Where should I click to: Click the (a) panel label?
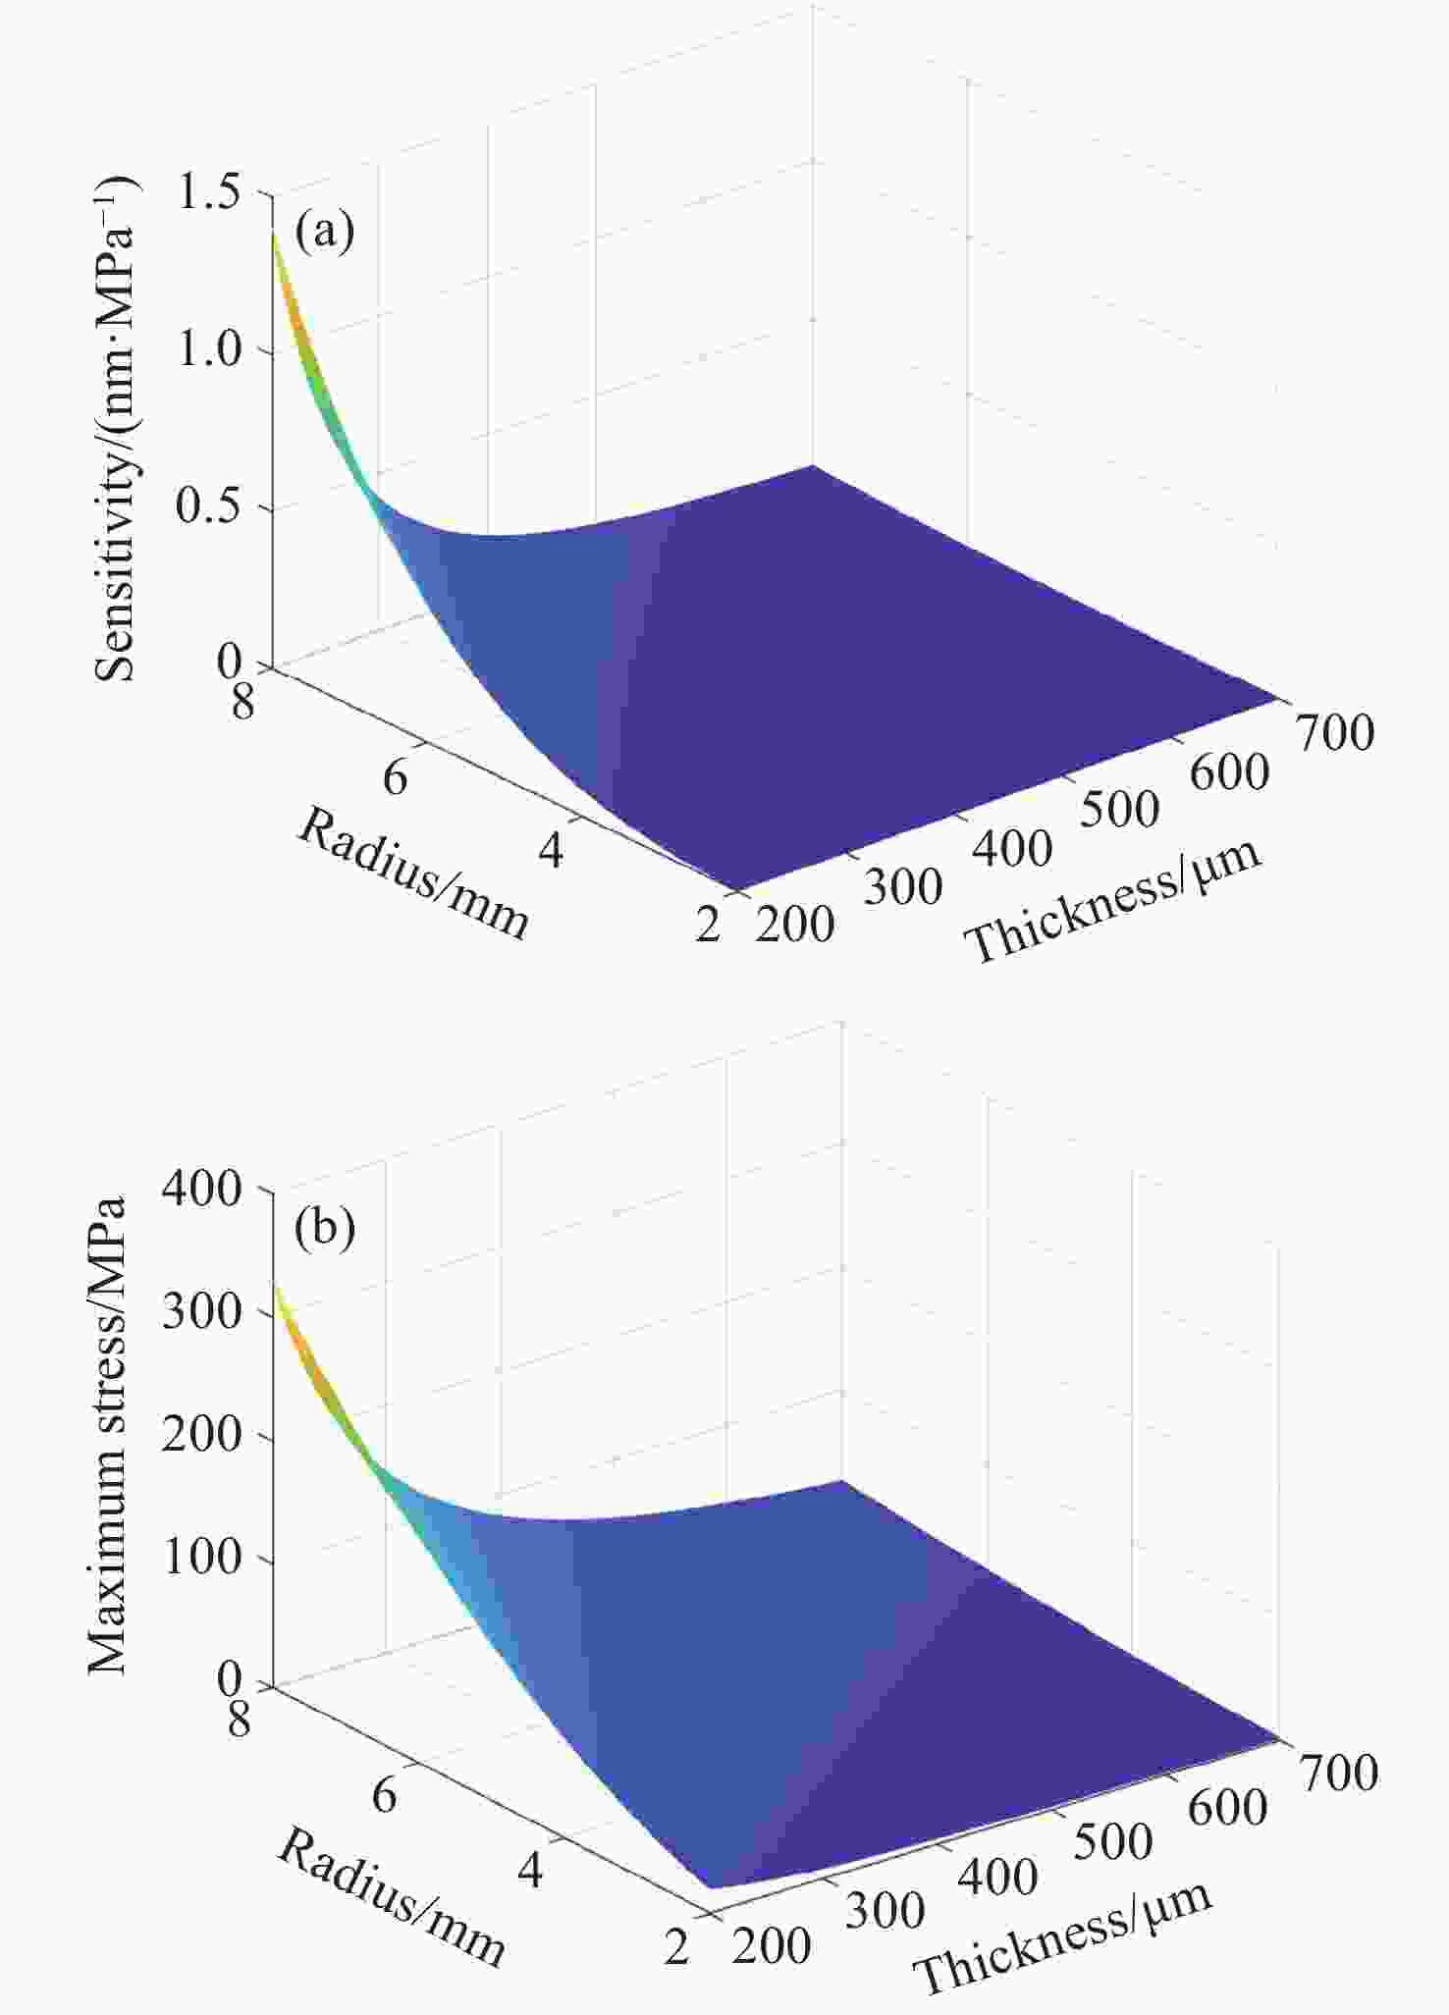point(324,232)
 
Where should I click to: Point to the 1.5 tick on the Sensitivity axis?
point(209,192)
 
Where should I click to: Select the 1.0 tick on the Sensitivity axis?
point(209,349)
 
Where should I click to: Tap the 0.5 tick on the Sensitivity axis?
point(209,507)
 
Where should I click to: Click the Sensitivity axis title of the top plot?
point(115,429)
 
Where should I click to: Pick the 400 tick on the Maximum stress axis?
point(201,1189)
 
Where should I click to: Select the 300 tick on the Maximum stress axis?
point(201,1312)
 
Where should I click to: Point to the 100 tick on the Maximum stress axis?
point(201,1559)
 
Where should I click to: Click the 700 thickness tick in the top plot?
point(1336,733)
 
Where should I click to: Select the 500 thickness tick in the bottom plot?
point(1112,1842)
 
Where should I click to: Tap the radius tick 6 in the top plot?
point(395,777)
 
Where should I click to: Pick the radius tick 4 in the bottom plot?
point(530,1871)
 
